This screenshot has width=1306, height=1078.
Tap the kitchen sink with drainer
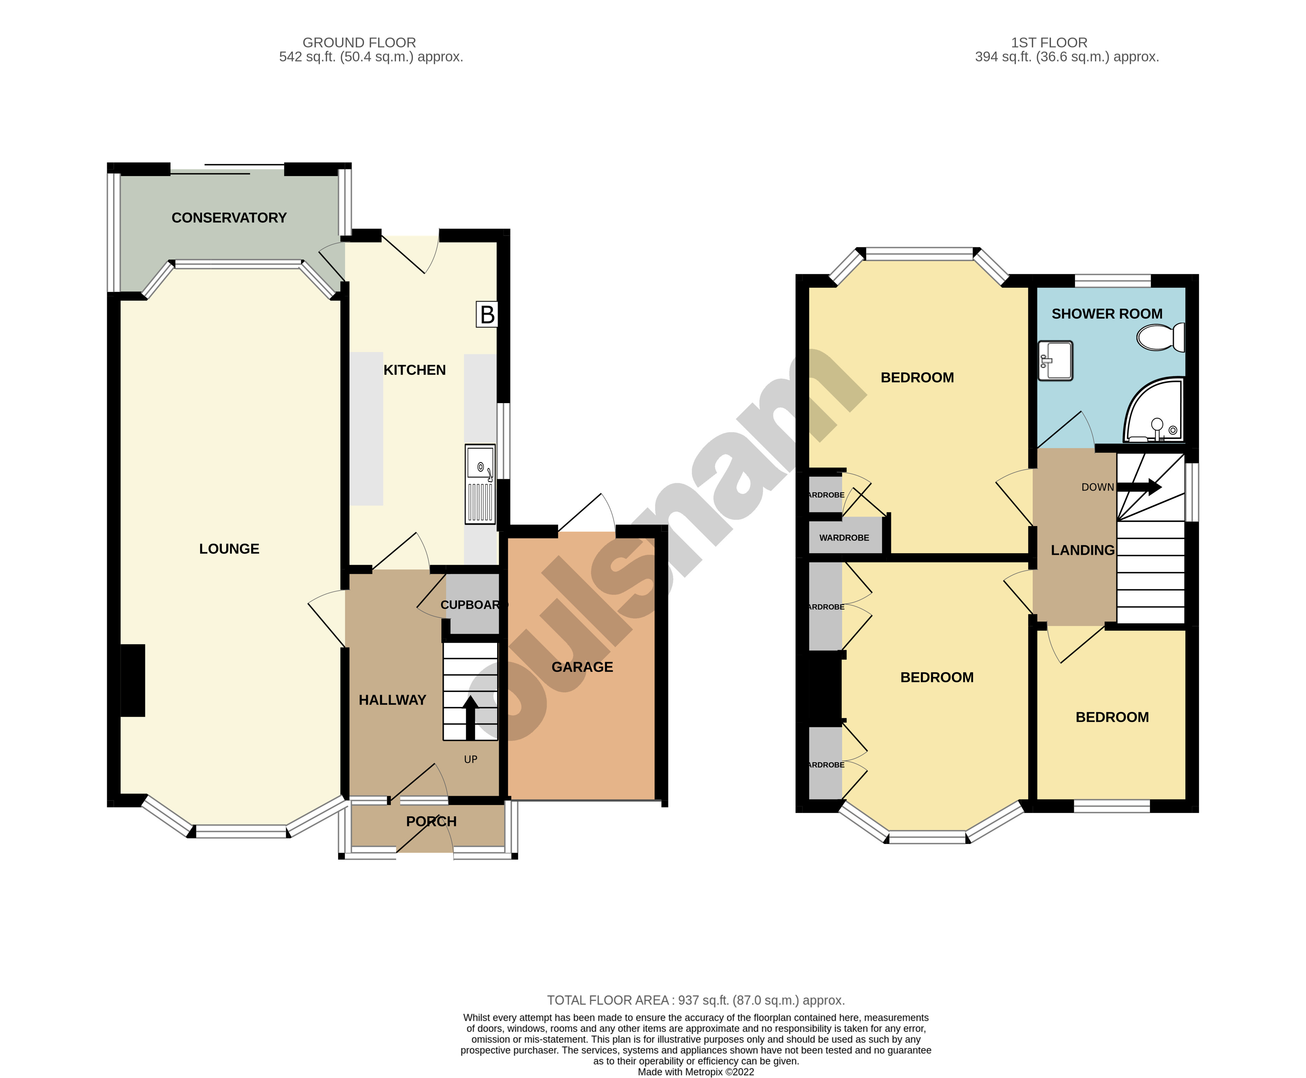[x=480, y=485]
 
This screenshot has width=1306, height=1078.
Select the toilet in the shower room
[x=1160, y=337]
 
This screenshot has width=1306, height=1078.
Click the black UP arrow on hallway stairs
[x=470, y=717]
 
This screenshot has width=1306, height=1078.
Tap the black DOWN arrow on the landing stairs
[x=1140, y=487]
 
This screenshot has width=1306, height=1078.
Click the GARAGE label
[x=582, y=667]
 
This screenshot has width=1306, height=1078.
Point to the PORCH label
[x=431, y=822]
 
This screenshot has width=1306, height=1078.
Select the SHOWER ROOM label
[x=1107, y=314]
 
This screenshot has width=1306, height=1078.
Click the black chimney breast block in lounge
[x=132, y=680]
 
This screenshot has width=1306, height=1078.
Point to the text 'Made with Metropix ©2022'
[x=696, y=1072]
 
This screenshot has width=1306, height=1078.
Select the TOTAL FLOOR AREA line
[x=696, y=1000]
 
